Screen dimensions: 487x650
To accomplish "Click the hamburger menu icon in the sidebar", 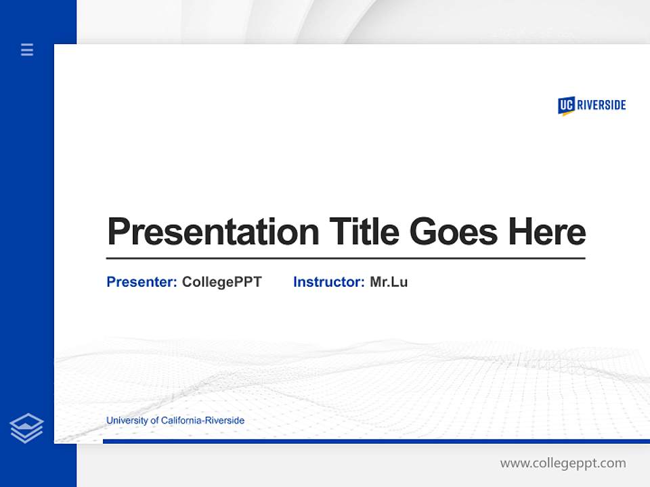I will coord(27,49).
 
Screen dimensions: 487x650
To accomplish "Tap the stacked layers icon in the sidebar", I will coord(26,428).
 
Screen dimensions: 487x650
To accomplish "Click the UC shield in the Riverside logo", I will coord(566,106).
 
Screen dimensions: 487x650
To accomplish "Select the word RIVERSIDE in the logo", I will coord(601,105).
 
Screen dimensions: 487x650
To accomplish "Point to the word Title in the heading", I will coord(364,231).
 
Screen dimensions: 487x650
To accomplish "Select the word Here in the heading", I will coord(546,231).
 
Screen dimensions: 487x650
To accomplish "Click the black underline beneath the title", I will coord(345,258).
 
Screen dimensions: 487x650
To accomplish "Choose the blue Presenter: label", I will coord(142,282).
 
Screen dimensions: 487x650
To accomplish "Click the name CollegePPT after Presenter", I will coord(221,282).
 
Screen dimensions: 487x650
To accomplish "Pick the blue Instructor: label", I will coord(328,282).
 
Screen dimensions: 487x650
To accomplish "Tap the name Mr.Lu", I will coord(389,282).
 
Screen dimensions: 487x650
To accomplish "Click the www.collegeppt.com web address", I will coord(563,463).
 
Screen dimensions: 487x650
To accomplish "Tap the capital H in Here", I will coord(519,231).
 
